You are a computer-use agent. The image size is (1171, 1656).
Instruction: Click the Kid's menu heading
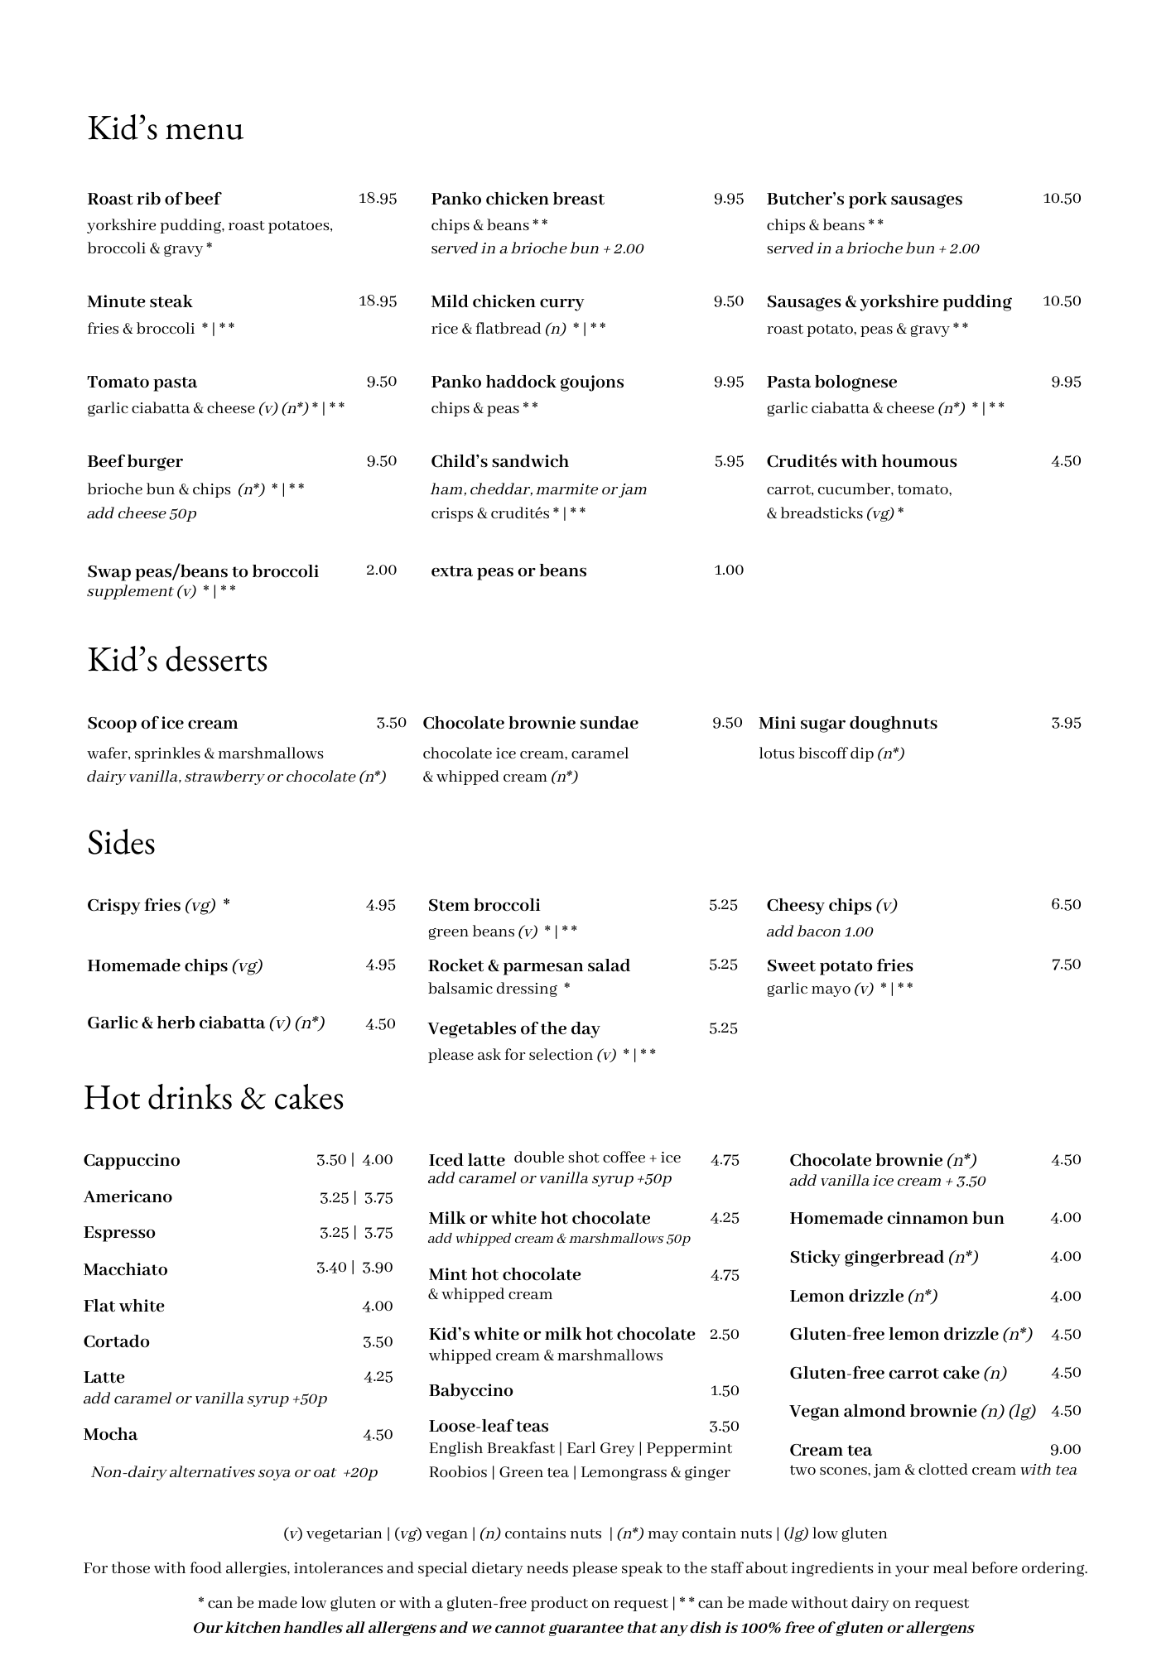166,129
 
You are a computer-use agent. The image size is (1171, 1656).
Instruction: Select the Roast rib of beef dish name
154,199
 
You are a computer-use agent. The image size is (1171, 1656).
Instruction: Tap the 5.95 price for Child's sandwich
729,461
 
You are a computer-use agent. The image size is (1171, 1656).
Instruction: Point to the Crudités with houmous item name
861,461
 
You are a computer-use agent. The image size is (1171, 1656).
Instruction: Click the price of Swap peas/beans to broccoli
381,570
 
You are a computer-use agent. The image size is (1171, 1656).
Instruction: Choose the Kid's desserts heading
177,661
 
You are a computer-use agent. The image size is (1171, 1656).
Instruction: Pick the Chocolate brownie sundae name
530,723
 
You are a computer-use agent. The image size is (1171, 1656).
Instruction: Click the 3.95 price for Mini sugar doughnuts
1066,723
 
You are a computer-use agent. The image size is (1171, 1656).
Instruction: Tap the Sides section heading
121,843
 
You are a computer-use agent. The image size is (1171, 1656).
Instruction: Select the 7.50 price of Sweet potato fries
1066,965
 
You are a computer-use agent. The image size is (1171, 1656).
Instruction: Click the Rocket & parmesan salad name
528,965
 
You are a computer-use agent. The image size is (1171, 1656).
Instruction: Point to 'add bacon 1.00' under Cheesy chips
819,931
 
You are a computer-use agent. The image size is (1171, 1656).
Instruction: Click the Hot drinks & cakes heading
214,1098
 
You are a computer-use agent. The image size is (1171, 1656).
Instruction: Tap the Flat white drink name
124,1306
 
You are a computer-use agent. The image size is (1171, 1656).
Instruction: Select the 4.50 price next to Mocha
378,1435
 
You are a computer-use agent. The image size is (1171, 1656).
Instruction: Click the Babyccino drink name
470,1390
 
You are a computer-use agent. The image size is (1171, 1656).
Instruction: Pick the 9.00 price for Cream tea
1065,1449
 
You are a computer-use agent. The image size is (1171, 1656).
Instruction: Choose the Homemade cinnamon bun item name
896,1218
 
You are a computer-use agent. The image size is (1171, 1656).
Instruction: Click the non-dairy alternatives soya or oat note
234,1472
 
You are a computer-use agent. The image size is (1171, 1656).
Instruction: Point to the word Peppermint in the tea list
689,1448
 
